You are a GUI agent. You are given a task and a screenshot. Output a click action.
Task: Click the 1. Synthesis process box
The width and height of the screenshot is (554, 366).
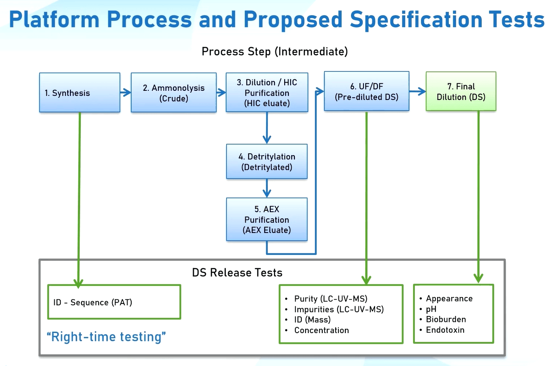tap(80, 93)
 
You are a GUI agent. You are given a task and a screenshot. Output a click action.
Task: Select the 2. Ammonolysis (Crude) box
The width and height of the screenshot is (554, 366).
tap(173, 93)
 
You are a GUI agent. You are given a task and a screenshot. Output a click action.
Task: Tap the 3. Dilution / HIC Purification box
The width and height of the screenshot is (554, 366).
tap(267, 93)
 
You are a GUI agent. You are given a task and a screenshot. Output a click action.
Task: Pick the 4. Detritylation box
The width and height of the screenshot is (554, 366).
tap(267, 162)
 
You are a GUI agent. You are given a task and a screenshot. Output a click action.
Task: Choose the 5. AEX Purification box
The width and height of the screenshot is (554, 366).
tap(267, 220)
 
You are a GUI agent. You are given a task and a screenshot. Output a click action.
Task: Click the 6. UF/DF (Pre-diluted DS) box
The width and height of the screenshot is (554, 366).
tap(366, 91)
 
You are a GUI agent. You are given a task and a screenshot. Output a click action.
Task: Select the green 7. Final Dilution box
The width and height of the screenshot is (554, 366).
tap(461, 91)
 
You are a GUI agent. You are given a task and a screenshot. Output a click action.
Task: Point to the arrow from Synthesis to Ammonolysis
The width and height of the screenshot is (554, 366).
tap(125, 93)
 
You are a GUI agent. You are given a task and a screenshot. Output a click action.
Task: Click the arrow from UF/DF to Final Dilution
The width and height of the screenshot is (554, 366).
tap(417, 92)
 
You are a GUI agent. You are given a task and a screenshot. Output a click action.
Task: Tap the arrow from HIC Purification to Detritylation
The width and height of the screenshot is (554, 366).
tap(267, 128)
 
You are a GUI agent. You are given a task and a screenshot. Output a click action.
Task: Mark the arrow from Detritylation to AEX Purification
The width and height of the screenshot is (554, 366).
tap(267, 188)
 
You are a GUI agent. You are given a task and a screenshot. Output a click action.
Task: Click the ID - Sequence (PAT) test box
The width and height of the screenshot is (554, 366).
tap(114, 302)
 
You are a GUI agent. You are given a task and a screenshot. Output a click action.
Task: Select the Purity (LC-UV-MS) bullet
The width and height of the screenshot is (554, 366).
tap(331, 299)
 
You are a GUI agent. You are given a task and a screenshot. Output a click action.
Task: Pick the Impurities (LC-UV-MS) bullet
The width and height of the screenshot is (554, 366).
tap(339, 309)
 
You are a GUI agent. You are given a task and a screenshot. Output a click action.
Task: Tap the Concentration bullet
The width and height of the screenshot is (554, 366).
tap(321, 330)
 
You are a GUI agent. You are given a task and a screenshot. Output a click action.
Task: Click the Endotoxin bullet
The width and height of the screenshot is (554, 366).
tap(445, 330)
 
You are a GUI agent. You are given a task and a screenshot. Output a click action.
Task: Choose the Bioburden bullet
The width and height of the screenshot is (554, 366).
tap(446, 319)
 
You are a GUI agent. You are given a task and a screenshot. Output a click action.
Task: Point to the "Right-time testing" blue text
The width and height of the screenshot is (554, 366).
tap(107, 337)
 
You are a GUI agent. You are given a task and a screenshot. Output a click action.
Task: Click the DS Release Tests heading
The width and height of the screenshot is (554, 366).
tap(237, 272)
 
